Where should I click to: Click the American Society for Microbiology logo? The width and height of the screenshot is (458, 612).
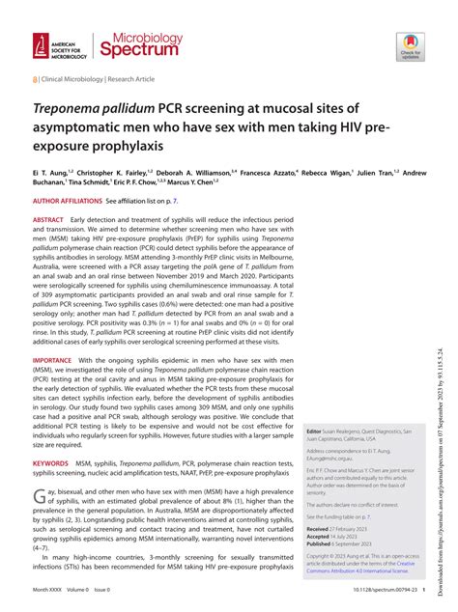pos(60,45)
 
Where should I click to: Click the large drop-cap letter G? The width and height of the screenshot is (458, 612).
pos(40,497)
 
